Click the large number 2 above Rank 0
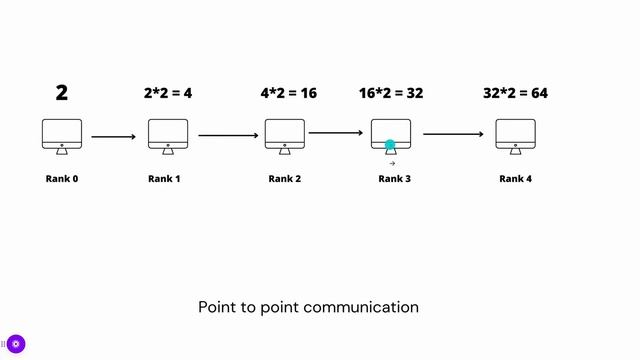pos(62,93)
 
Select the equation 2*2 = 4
pos(168,94)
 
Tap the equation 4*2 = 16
pos(289,94)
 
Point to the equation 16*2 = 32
pos(391,94)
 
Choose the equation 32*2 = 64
pos(515,94)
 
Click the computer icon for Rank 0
pos(62,135)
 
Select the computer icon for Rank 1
pos(168,135)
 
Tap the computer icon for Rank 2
pos(284,135)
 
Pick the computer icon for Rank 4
pos(515,135)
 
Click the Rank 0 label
pos(62,179)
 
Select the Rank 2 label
pos(284,179)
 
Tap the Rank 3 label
pos(394,179)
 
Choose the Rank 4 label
pos(515,179)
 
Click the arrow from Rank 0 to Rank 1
pos(113,136)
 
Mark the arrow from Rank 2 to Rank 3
pos(336,132)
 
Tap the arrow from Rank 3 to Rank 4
pos(453,133)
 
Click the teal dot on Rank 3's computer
pos(391,146)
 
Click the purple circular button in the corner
pos(16,344)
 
